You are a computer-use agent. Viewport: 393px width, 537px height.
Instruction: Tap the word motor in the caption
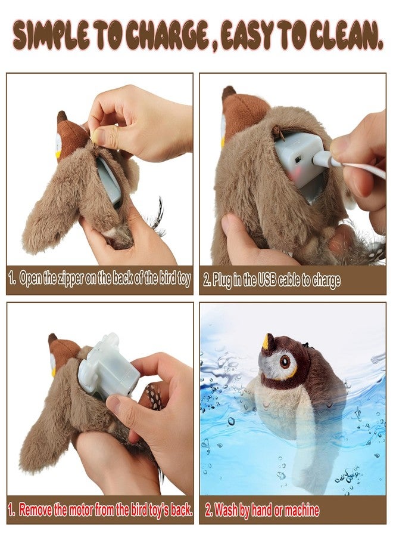coord(80,510)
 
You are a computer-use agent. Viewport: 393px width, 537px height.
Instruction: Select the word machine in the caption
coord(302,510)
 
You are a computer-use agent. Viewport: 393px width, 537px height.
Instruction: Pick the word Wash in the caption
coord(226,510)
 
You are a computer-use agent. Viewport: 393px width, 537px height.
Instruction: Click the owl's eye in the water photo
coord(284,360)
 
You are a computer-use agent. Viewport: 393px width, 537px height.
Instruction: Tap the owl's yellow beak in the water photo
coord(266,342)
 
